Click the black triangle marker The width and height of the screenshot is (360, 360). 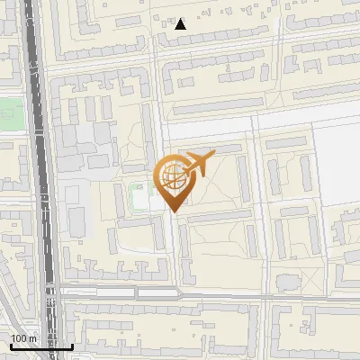click(x=181, y=24)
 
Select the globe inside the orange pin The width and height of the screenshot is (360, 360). click(x=172, y=177)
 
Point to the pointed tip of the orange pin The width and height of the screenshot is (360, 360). click(x=173, y=211)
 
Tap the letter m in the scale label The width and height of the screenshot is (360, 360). click(x=33, y=337)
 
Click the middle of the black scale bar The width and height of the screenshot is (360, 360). click(x=40, y=345)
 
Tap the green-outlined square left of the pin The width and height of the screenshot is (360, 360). click(x=138, y=196)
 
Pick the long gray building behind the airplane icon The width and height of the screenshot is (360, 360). click(x=216, y=147)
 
